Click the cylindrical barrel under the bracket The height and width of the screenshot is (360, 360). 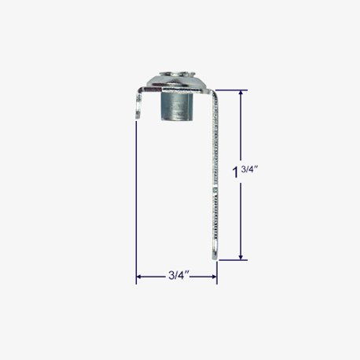click(x=177, y=106)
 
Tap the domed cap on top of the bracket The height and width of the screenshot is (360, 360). click(x=177, y=81)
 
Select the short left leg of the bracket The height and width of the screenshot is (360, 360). click(x=138, y=105)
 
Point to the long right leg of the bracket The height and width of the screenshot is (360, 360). click(x=215, y=175)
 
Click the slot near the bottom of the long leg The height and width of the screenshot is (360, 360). click(x=215, y=247)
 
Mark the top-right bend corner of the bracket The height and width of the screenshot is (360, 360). click(x=214, y=92)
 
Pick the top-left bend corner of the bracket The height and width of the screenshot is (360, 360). click(x=140, y=91)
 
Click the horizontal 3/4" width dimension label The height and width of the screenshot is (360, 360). click(x=179, y=275)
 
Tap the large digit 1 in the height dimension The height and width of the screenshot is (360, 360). click(x=236, y=172)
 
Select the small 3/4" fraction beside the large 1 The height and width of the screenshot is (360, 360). click(x=250, y=169)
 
